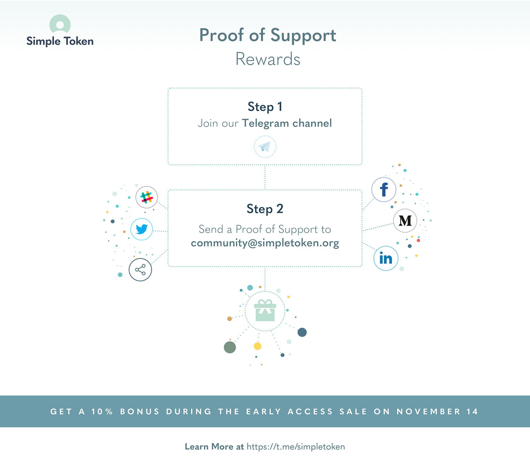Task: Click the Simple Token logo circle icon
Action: pyautogui.click(x=60, y=24)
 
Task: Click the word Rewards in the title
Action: pyautogui.click(x=268, y=59)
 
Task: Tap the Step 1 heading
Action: pyautogui.click(x=265, y=106)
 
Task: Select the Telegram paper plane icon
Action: pyautogui.click(x=265, y=147)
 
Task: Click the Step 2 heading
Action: pyautogui.click(x=265, y=209)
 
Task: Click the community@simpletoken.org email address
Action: pyautogui.click(x=265, y=243)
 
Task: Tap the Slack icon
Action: pyautogui.click(x=147, y=197)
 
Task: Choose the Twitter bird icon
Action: pyautogui.click(x=142, y=229)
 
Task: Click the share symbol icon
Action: pyautogui.click(x=140, y=270)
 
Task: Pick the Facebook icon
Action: pyautogui.click(x=384, y=190)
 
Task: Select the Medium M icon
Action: pyautogui.click(x=405, y=221)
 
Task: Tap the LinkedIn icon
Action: pyautogui.click(x=386, y=258)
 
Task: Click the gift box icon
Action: pyautogui.click(x=265, y=310)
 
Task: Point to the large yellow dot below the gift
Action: pyautogui.click(x=257, y=346)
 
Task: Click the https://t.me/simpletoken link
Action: pyautogui.click(x=296, y=447)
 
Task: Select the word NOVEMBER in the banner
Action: pyautogui.click(x=429, y=412)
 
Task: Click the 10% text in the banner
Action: pyautogui.click(x=102, y=412)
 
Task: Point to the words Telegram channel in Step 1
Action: pyautogui.click(x=287, y=123)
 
